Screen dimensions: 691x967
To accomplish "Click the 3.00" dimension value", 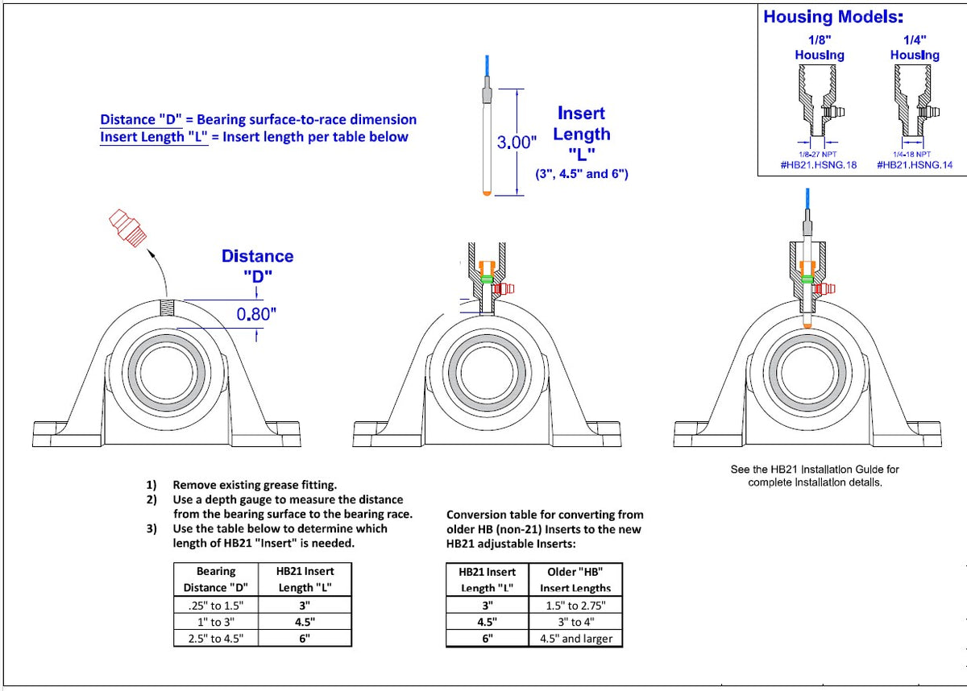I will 517,143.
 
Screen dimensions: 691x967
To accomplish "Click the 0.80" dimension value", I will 255,314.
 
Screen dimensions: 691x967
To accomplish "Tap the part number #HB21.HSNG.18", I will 819,164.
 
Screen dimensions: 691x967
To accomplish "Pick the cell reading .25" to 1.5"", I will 216,605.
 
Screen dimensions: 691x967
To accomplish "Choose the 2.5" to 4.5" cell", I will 216,638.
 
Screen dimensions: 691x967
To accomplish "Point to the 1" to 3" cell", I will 216,622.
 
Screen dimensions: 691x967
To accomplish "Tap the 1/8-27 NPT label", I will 817,154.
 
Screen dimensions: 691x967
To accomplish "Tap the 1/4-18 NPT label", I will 912,154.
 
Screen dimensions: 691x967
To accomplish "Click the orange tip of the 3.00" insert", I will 485,193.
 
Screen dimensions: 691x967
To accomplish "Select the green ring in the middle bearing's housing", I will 486,279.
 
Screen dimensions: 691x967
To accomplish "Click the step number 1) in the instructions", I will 151,485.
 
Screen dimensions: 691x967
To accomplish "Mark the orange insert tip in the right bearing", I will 807,322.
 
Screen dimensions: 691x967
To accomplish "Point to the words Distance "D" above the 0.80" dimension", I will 257,265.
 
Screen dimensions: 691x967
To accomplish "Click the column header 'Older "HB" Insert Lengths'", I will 575,580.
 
